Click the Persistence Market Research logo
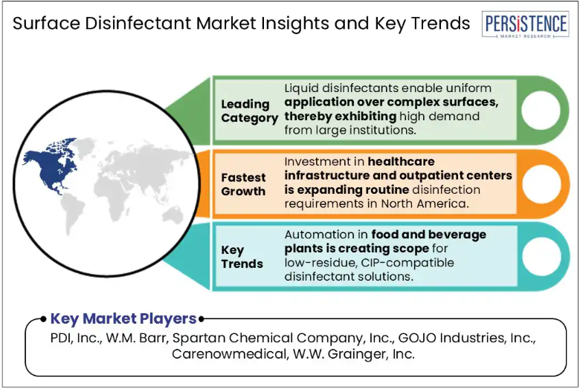tap(526, 24)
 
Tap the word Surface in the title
tap(46, 23)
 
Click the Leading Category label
tap(249, 111)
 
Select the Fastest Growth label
tap(243, 184)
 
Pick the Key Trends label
tap(242, 257)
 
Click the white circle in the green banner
tap(541, 111)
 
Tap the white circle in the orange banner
tap(541, 184)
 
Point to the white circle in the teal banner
tap(541, 256)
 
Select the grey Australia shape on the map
tap(172, 215)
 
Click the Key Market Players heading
tap(123, 318)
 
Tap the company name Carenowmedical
tap(229, 354)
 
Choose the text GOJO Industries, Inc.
tap(467, 338)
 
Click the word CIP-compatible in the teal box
tap(407, 263)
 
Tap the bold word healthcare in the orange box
tap(402, 161)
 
